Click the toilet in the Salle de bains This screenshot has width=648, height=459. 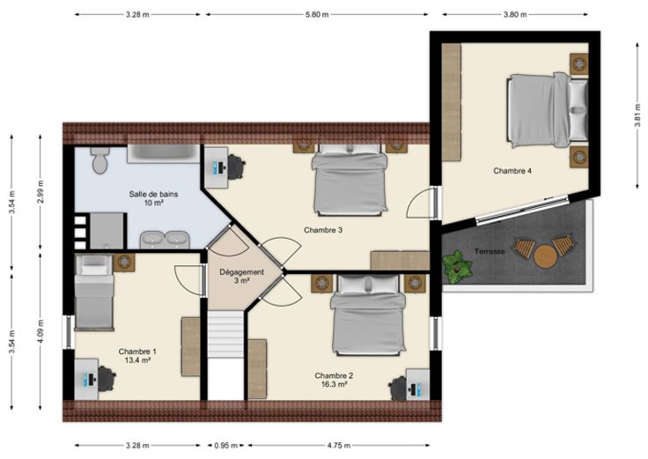click(x=100, y=160)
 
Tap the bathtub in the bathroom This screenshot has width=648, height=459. click(x=163, y=153)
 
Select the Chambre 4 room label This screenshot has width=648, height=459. click(x=512, y=171)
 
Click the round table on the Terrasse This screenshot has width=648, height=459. click(x=546, y=257)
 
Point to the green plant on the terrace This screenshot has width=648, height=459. click(x=457, y=267)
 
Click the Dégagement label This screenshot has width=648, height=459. click(x=241, y=272)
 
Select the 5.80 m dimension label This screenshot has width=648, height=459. click(x=317, y=14)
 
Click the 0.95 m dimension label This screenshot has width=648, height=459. click(x=225, y=446)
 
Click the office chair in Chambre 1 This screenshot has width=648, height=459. click(x=106, y=378)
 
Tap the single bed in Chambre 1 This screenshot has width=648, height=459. click(x=94, y=292)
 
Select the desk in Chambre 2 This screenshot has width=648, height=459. click(x=418, y=385)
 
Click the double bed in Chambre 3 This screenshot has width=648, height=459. click(x=350, y=180)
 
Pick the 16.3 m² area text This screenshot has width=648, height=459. click(x=334, y=384)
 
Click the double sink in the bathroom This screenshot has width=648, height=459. click(x=165, y=240)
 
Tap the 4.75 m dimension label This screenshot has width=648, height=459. click(x=338, y=446)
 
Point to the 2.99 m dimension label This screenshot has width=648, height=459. click(x=40, y=191)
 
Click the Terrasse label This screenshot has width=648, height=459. click(x=490, y=251)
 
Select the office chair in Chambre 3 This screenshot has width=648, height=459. click(x=236, y=167)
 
